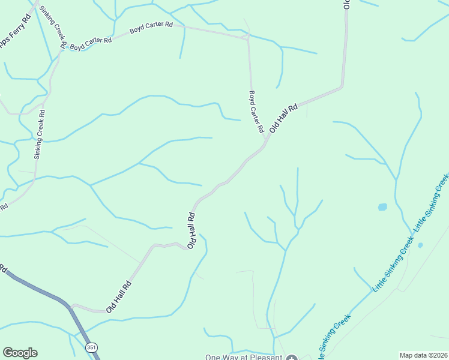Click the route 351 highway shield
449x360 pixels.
91,347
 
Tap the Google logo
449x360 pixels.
20,353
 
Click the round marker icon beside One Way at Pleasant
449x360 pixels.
292,358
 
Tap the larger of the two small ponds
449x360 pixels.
382,207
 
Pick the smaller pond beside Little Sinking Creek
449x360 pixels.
420,245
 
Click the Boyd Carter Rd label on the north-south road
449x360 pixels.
256,112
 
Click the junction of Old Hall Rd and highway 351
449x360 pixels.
73,307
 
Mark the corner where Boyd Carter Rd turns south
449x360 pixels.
247,38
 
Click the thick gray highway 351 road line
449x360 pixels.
42,291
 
